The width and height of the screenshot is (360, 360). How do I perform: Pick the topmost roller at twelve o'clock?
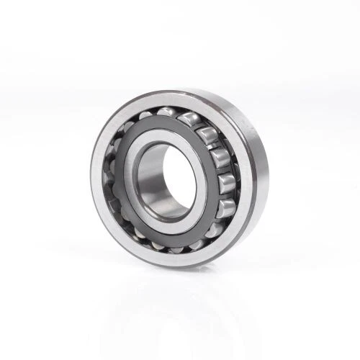[x=167, y=112]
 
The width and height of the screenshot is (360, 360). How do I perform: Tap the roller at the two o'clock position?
[x=207, y=133]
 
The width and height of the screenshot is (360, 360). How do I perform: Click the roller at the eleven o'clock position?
[x=144, y=117]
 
